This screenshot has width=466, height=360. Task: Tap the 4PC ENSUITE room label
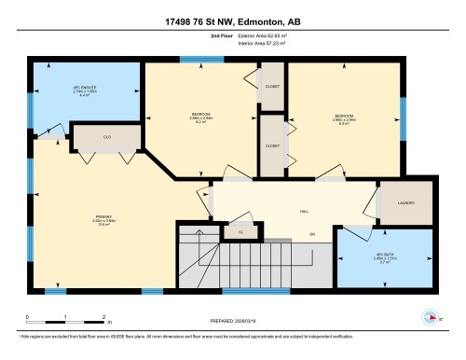pyautogui.click(x=86, y=92)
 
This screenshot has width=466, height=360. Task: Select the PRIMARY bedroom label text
pyautogui.click(x=103, y=221)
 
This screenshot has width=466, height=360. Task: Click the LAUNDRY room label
pyautogui.click(x=405, y=202)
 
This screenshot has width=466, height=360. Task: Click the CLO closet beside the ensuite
pyautogui.click(x=107, y=137)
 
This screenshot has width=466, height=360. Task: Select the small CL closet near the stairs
pyautogui.click(x=240, y=230)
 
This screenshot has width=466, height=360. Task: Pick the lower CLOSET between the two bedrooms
pyautogui.click(x=273, y=145)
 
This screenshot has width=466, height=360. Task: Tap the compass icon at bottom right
pyautogui.click(x=431, y=317)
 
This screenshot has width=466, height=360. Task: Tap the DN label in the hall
pyautogui.click(x=311, y=234)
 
